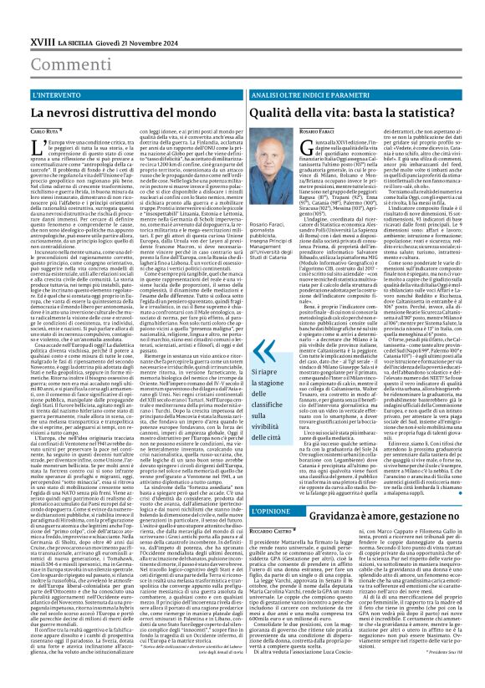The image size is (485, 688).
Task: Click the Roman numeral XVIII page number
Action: (18, 17)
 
